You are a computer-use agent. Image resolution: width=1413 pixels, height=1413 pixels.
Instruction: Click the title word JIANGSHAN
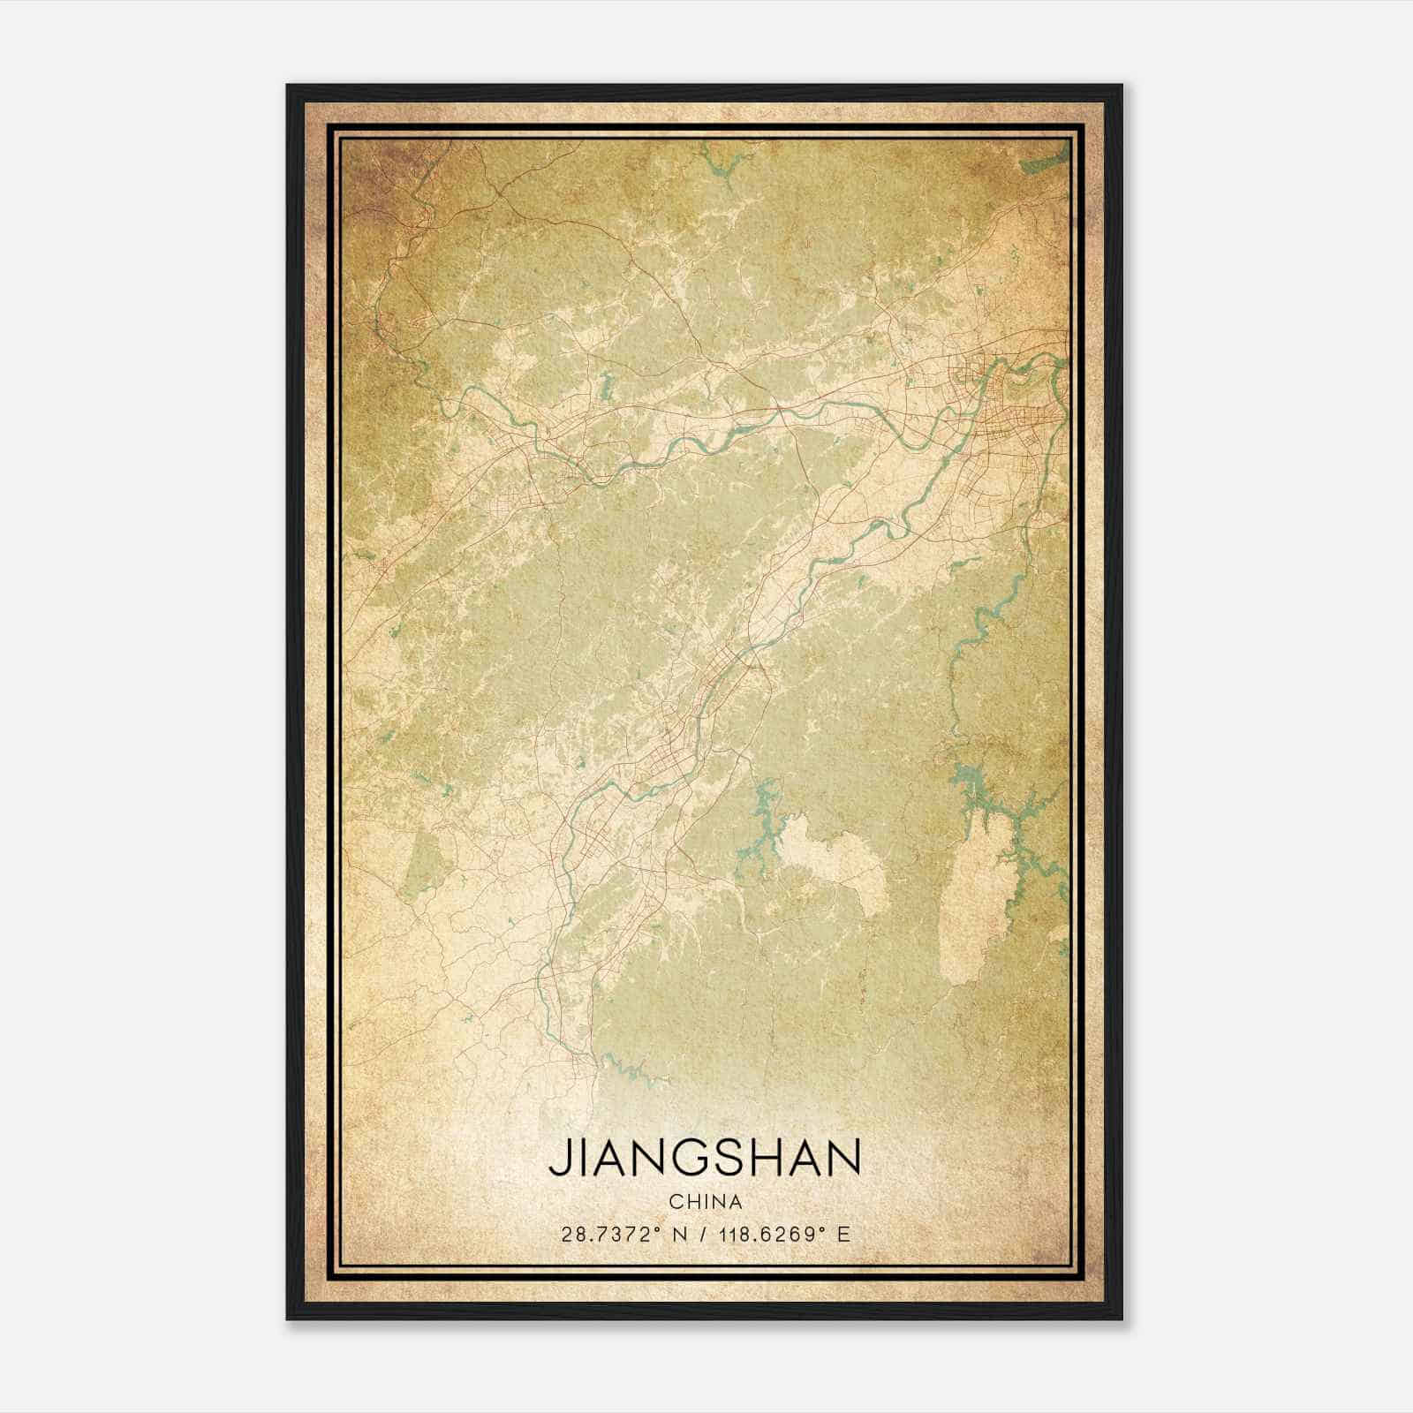(x=705, y=1158)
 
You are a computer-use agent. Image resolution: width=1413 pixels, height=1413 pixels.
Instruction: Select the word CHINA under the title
(x=705, y=1202)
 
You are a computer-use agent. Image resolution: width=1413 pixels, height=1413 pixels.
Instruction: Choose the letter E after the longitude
(x=844, y=1235)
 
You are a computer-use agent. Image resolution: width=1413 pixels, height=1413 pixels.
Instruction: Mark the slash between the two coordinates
(x=703, y=1235)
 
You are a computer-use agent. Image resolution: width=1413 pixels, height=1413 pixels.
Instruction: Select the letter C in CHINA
(x=676, y=1202)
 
